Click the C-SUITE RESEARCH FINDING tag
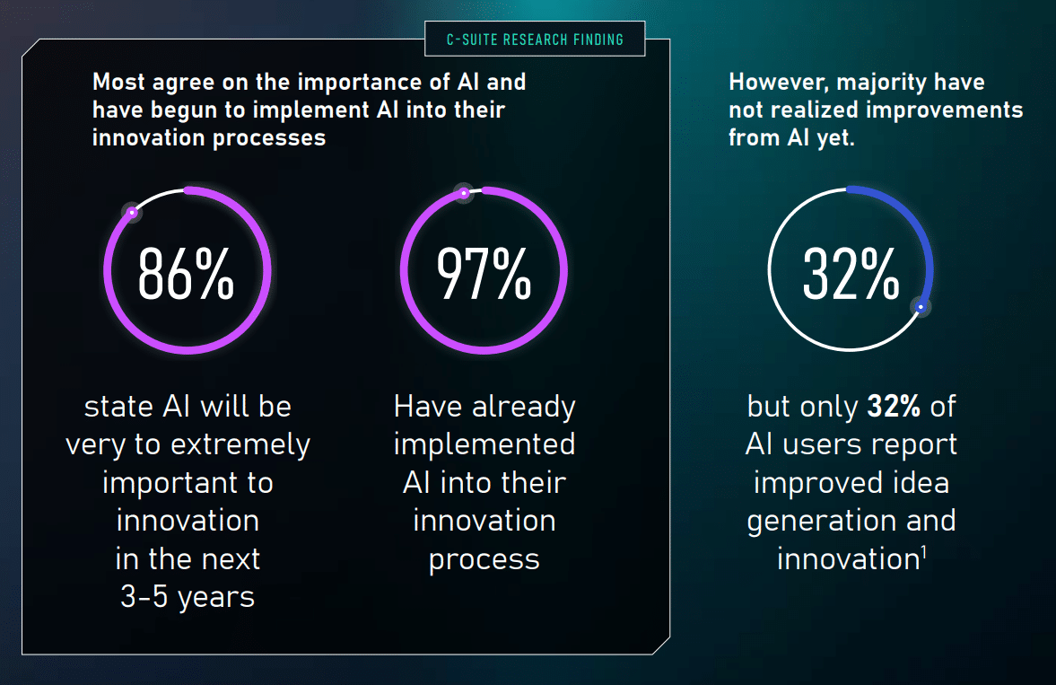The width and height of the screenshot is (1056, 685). click(535, 40)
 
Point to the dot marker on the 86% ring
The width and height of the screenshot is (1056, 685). click(132, 213)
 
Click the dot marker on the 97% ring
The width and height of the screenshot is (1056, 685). click(463, 192)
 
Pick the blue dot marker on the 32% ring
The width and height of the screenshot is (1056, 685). click(920, 307)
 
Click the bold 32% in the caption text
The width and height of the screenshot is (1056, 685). click(894, 407)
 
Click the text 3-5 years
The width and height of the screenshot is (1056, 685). click(188, 597)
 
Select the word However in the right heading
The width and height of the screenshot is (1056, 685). click(774, 83)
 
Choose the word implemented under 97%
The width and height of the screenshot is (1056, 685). click(484, 444)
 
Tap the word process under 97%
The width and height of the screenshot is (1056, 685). click(484, 559)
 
